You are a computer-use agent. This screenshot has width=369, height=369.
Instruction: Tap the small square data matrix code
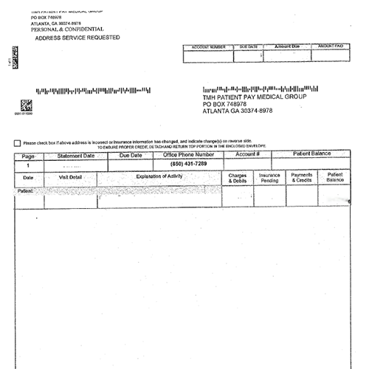(x=26, y=105)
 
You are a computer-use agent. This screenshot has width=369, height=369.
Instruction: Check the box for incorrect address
(x=17, y=142)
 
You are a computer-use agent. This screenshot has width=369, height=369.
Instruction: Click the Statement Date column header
(x=76, y=156)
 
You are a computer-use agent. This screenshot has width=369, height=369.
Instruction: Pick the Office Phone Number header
(x=188, y=156)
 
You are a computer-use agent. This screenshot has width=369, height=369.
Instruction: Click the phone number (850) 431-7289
(x=188, y=164)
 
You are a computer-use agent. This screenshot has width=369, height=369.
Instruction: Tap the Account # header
(x=247, y=155)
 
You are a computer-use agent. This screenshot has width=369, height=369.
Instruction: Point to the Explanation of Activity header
(x=159, y=176)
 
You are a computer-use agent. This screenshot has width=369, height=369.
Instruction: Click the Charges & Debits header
(x=238, y=178)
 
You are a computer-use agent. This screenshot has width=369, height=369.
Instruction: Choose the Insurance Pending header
(x=269, y=178)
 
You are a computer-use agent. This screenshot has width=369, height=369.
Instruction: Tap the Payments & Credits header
(x=302, y=178)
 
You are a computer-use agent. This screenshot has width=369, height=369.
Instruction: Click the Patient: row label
(x=24, y=190)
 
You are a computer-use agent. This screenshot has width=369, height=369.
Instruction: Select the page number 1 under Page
(x=28, y=165)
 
